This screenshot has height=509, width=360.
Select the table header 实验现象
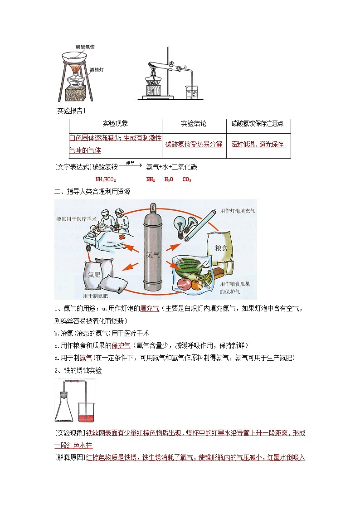click(115, 123)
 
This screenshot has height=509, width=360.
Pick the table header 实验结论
click(194, 123)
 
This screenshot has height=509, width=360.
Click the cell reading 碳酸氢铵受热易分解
click(194, 144)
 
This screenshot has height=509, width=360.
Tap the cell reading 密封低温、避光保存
click(258, 144)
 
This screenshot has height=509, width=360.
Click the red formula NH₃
click(151, 180)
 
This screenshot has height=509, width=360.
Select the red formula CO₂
click(187, 180)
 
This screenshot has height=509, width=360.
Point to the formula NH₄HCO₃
click(106, 180)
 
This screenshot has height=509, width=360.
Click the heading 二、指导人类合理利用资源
click(92, 192)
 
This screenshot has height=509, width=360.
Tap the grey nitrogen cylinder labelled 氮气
click(154, 254)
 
